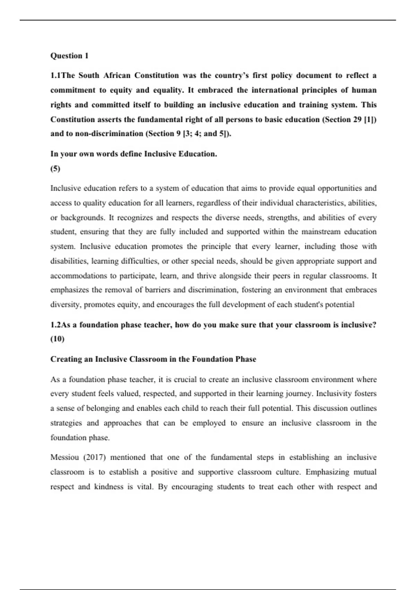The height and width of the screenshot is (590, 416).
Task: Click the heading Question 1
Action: tap(69, 56)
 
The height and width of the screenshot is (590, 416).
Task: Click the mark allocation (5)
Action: tap(55, 169)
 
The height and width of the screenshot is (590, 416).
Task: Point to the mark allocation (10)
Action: tap(58, 339)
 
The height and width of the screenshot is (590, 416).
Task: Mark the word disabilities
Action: tap(69, 261)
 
